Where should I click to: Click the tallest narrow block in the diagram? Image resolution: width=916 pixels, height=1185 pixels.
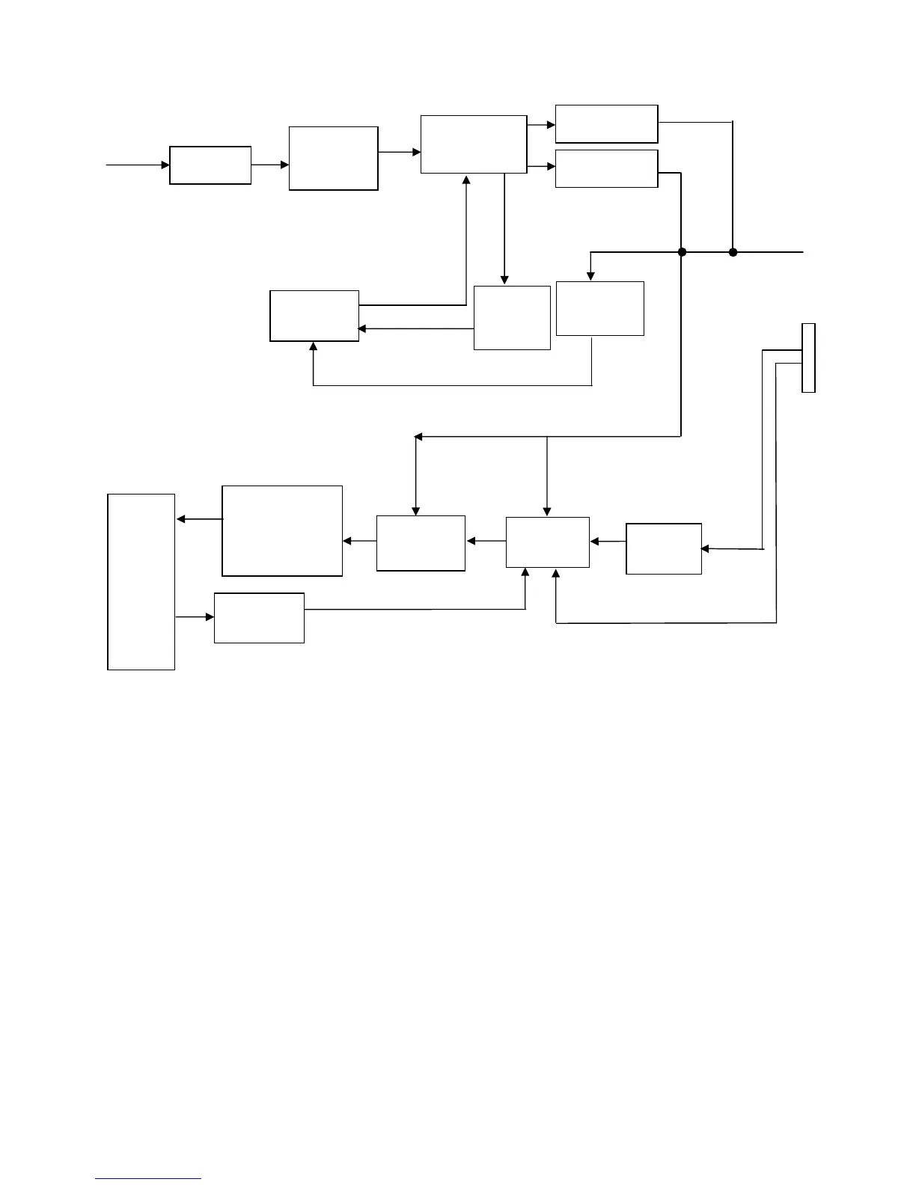coord(141,581)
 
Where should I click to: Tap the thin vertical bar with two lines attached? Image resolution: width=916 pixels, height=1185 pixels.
coord(808,358)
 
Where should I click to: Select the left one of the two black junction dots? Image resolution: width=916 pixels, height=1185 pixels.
coord(682,252)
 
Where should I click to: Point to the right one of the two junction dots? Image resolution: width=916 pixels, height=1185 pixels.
coord(733,252)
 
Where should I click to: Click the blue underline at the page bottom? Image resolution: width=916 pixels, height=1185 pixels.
coord(148,1179)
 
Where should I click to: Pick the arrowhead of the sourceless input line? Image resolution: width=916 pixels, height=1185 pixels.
coord(165,165)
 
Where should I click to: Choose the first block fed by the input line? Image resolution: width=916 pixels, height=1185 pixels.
coord(210,165)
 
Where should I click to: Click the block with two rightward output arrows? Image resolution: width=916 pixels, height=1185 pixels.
coord(474,144)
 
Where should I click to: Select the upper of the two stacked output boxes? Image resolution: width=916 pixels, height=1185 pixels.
coord(606,123)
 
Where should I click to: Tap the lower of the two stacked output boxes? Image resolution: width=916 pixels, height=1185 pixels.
coord(606,168)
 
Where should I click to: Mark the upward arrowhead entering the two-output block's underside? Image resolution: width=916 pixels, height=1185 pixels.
coord(466,180)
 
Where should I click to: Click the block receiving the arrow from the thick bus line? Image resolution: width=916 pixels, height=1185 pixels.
coord(600,308)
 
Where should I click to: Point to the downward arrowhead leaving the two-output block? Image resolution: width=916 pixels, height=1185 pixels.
coord(504,280)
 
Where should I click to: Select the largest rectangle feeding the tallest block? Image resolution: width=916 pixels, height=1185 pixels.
coord(282,530)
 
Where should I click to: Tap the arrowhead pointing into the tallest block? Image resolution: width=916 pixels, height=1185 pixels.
coord(180,519)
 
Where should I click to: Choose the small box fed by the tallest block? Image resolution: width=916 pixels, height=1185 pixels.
coord(259,617)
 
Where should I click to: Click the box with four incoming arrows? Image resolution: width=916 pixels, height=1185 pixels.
coord(547,542)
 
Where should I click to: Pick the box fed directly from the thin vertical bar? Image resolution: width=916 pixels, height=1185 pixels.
coord(663,548)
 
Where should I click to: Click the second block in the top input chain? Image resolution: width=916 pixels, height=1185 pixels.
coord(333,158)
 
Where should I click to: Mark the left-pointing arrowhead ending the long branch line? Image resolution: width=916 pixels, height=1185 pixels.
coord(418,436)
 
